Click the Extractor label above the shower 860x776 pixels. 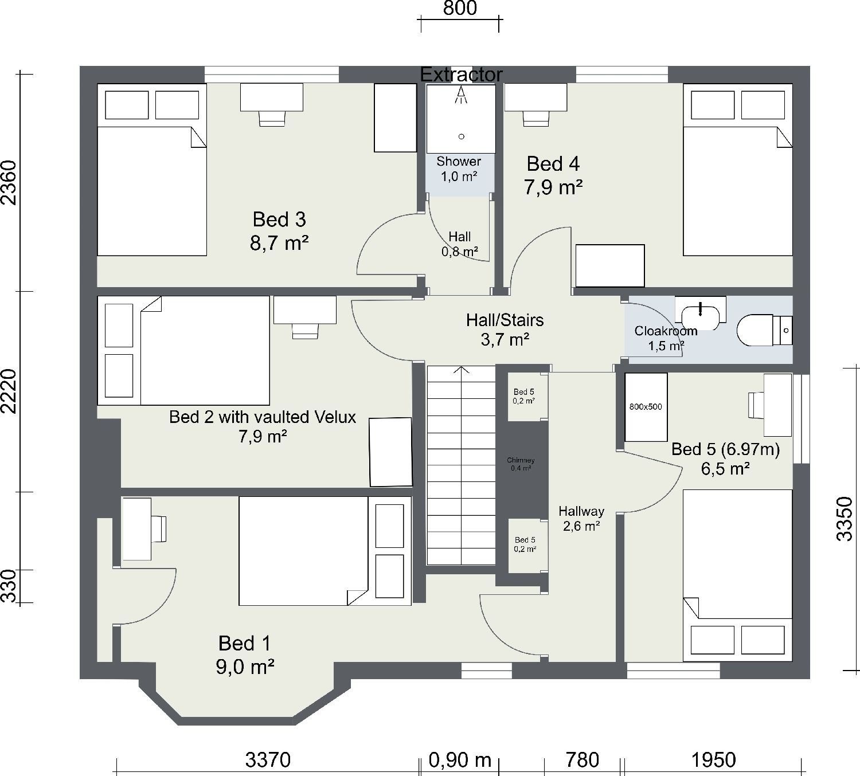pyautogui.click(x=461, y=75)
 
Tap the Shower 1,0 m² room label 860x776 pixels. pyautogui.click(x=459, y=168)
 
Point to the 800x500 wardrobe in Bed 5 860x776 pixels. pyautogui.click(x=646, y=407)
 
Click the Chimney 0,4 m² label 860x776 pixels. pyautogui.click(x=521, y=464)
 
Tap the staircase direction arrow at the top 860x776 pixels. pyautogui.click(x=462, y=370)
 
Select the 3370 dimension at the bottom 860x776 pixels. pyautogui.click(x=268, y=760)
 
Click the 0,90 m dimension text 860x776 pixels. pyautogui.click(x=460, y=760)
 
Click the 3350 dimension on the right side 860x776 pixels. pyautogui.click(x=845, y=519)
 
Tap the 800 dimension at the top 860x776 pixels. pyautogui.click(x=460, y=9)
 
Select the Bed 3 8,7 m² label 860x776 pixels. pyautogui.click(x=279, y=231)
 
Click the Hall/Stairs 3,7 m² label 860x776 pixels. pyautogui.click(x=505, y=330)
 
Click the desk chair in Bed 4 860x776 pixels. pyautogui.click(x=535, y=118)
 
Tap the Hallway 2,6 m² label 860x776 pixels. pyautogui.click(x=581, y=518)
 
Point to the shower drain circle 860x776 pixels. pyautogui.click(x=461, y=136)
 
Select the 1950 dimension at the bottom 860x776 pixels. pyautogui.click(x=713, y=760)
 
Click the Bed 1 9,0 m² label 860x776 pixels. pyautogui.click(x=245, y=655)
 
